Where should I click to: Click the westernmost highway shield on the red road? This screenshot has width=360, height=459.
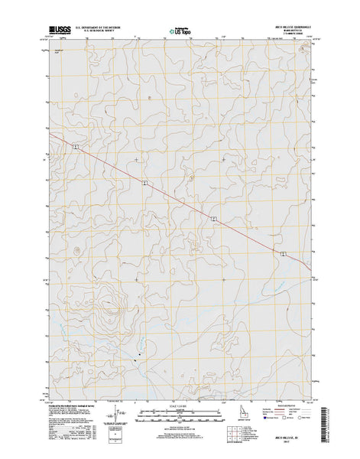pos(76,146)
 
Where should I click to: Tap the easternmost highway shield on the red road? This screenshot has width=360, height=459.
pos(283,253)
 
